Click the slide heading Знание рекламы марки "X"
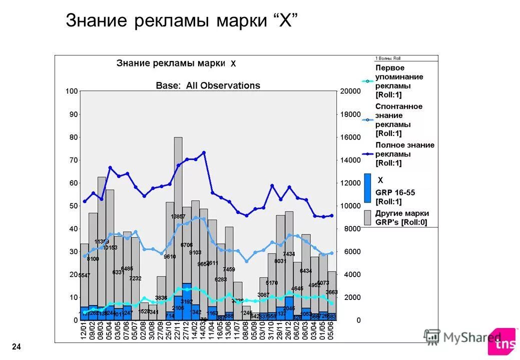pyautogui.click(x=182, y=21)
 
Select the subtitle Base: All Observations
pyautogui.click(x=208, y=85)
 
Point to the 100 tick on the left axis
pyautogui.click(x=72, y=91)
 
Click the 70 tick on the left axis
pyautogui.click(x=73, y=160)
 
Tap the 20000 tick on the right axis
pyautogui.click(x=350, y=91)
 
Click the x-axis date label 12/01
pyautogui.click(x=85, y=331)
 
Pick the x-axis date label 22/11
pyautogui.click(x=178, y=331)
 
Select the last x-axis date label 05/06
pyautogui.click(x=331, y=331)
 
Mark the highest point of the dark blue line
pyautogui.click(x=204, y=152)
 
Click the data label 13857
pyautogui.click(x=178, y=216)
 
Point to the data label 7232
pyautogui.click(x=135, y=278)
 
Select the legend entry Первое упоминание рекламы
pyautogui.click(x=399, y=81)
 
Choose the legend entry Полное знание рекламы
pyautogui.click(x=404, y=154)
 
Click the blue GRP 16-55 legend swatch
pyautogui.click(x=367, y=188)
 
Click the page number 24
pyautogui.click(x=17, y=347)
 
